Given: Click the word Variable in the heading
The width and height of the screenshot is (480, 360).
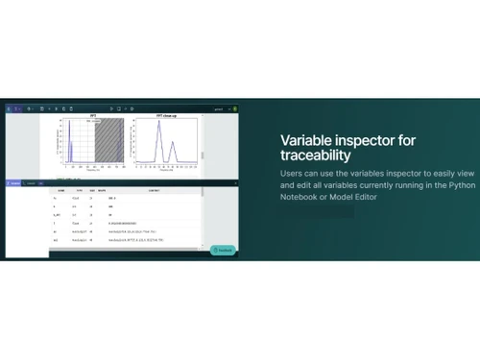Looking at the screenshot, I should point(301,140).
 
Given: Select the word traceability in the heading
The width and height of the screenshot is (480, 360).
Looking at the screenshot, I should point(316,156).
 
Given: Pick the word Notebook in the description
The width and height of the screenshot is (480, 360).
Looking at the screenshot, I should point(300,197).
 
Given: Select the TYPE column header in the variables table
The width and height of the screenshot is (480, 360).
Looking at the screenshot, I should point(79,191).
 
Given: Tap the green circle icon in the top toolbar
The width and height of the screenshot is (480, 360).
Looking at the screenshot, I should point(235,108).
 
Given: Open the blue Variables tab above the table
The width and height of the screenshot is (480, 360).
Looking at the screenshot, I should point(14,182).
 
